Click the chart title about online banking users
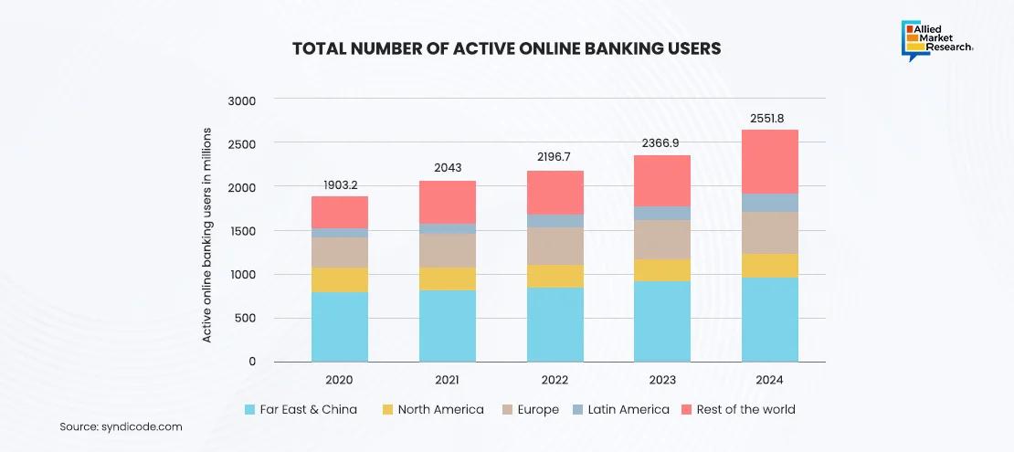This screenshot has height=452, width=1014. [506, 48]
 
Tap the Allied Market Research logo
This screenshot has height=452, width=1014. [937, 39]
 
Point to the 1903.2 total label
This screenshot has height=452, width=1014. [340, 184]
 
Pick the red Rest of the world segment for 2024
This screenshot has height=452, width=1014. [769, 162]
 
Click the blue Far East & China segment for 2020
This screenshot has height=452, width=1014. [340, 326]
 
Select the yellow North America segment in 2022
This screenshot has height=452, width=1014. [555, 276]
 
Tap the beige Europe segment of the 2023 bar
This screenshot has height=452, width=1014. [662, 239]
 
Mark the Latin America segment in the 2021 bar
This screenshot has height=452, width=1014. [447, 228]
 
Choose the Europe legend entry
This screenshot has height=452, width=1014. [537, 409]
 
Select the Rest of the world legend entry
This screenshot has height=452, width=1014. [745, 409]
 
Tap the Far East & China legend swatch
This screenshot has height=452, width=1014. [250, 409]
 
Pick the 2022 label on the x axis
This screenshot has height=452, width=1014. [555, 380]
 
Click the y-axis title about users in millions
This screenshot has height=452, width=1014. [207, 235]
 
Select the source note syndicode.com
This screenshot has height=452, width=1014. [121, 426]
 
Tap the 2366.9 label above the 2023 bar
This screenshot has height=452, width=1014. [662, 143]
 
